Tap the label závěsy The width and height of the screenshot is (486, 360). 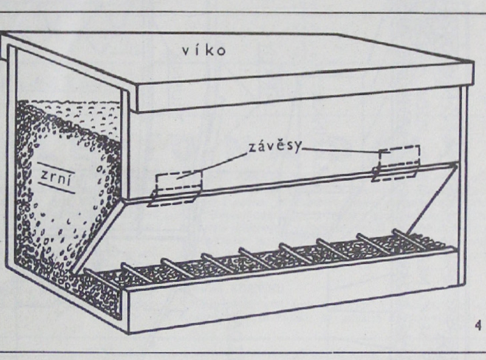pos(275,148)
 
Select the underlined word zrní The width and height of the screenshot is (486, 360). pos(53,175)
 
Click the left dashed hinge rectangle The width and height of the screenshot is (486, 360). pos(177,189)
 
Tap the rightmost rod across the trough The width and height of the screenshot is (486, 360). pos(411,238)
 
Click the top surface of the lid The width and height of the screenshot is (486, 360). pos(273,58)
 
